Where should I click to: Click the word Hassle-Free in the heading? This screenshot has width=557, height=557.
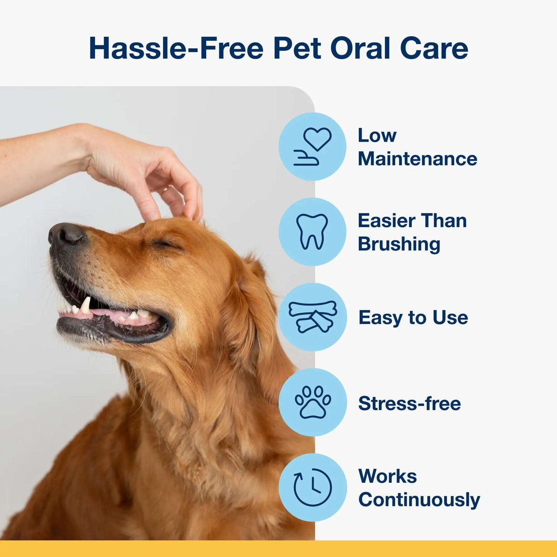pyautogui.click(x=176, y=48)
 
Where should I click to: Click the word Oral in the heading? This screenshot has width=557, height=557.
pyautogui.click(x=360, y=48)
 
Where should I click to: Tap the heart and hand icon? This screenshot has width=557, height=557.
pyautogui.click(x=312, y=146)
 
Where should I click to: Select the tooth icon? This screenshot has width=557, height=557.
pyautogui.click(x=312, y=231)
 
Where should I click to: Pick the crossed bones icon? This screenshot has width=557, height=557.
pyautogui.click(x=312, y=317)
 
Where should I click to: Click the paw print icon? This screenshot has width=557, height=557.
pyautogui.click(x=312, y=402)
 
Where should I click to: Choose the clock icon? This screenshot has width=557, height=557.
pyautogui.click(x=312, y=487)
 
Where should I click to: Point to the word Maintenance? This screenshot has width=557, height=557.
pyautogui.click(x=417, y=159)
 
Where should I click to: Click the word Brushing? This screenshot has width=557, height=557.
pyautogui.click(x=399, y=244)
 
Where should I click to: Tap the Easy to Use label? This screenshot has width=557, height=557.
pyautogui.click(x=413, y=317)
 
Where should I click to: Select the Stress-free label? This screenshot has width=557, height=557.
pyautogui.click(x=409, y=403)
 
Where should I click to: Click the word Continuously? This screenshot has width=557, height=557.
pyautogui.click(x=419, y=500)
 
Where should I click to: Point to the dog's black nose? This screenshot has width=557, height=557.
pyautogui.click(x=66, y=233)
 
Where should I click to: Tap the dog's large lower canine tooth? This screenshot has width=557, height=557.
pyautogui.click(x=85, y=305)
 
